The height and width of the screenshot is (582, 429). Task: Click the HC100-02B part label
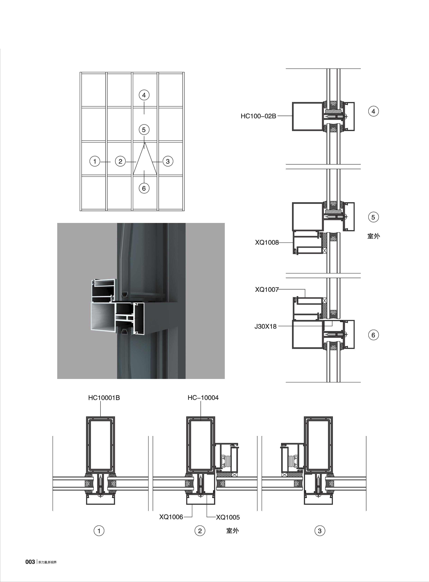point(258,116)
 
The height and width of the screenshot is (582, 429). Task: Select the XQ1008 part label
point(267,242)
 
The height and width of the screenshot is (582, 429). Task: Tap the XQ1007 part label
point(267,289)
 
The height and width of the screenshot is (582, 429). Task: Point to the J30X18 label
point(265,326)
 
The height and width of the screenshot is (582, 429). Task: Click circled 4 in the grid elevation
point(144,95)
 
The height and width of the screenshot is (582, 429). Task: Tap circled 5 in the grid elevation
point(144,130)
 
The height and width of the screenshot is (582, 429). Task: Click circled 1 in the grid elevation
point(95,161)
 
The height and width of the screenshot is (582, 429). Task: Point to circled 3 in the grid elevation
point(168,161)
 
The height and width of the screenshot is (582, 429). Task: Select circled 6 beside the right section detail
point(373,335)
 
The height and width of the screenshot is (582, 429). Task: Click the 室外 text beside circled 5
point(373,236)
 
